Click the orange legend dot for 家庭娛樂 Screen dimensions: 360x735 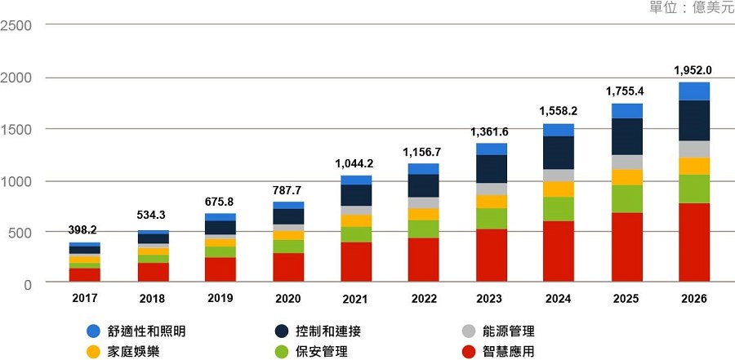pyautogui.click(x=93, y=352)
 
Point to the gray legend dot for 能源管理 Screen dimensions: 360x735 pyautogui.click(x=468, y=331)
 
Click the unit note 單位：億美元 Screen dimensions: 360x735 pyautogui.click(x=691, y=7)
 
